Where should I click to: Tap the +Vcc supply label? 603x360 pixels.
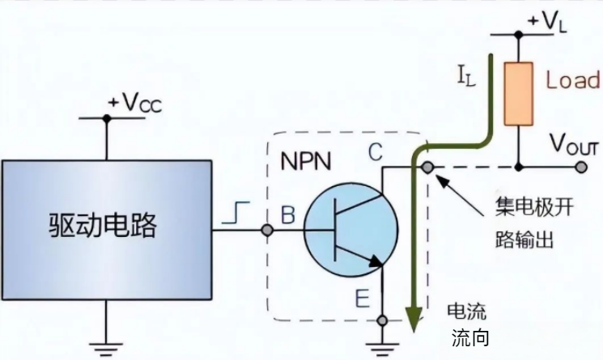click(134, 103)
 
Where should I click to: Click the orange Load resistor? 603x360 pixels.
click(518, 95)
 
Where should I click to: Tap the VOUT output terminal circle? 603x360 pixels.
click(581, 167)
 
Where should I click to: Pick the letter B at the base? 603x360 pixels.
click(287, 215)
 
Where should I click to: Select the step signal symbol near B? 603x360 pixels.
click(234, 214)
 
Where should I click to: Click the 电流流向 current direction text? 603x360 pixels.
click(468, 324)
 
